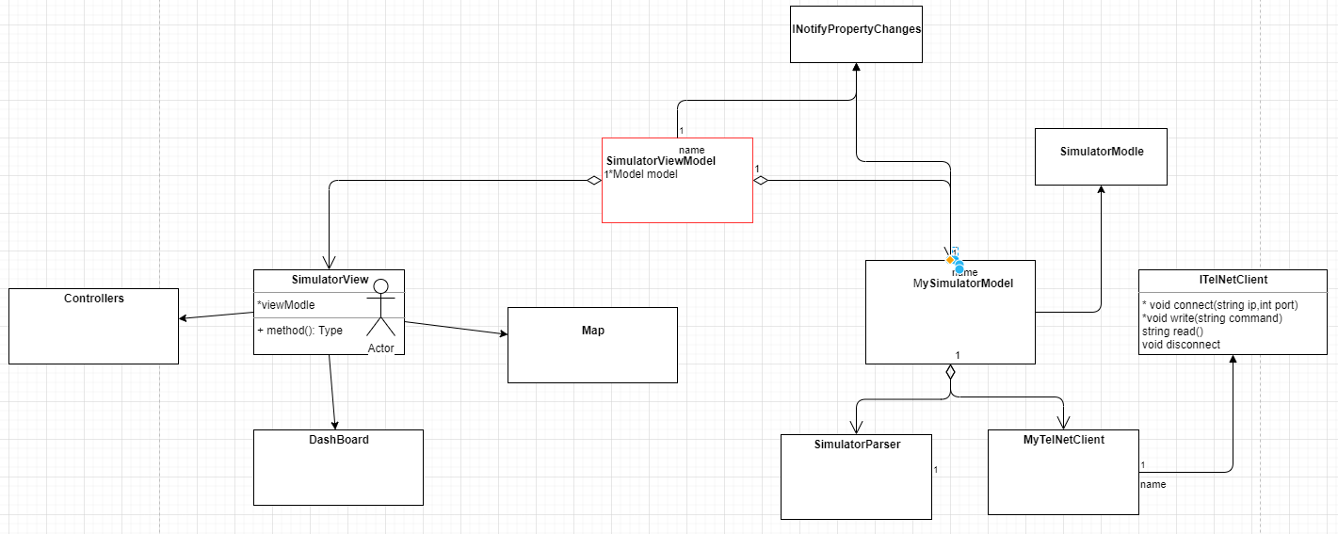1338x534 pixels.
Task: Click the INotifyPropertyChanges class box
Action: click(856, 30)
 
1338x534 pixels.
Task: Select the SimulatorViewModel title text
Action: click(660, 161)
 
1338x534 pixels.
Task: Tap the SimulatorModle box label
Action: click(1101, 152)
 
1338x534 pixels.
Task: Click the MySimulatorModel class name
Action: click(962, 283)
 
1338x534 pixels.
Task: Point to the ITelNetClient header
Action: click(1232, 280)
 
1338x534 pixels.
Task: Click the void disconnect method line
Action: click(1181, 345)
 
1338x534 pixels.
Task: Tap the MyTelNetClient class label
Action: click(1063, 440)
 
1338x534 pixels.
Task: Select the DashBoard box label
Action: click(338, 440)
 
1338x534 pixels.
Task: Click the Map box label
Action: click(592, 331)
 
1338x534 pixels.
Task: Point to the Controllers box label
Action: click(93, 299)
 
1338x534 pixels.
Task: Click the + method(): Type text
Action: click(299, 331)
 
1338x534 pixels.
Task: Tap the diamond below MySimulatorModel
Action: click(950, 372)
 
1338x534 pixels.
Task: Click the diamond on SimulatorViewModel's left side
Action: click(592, 181)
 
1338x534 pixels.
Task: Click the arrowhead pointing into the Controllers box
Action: click(184, 319)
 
